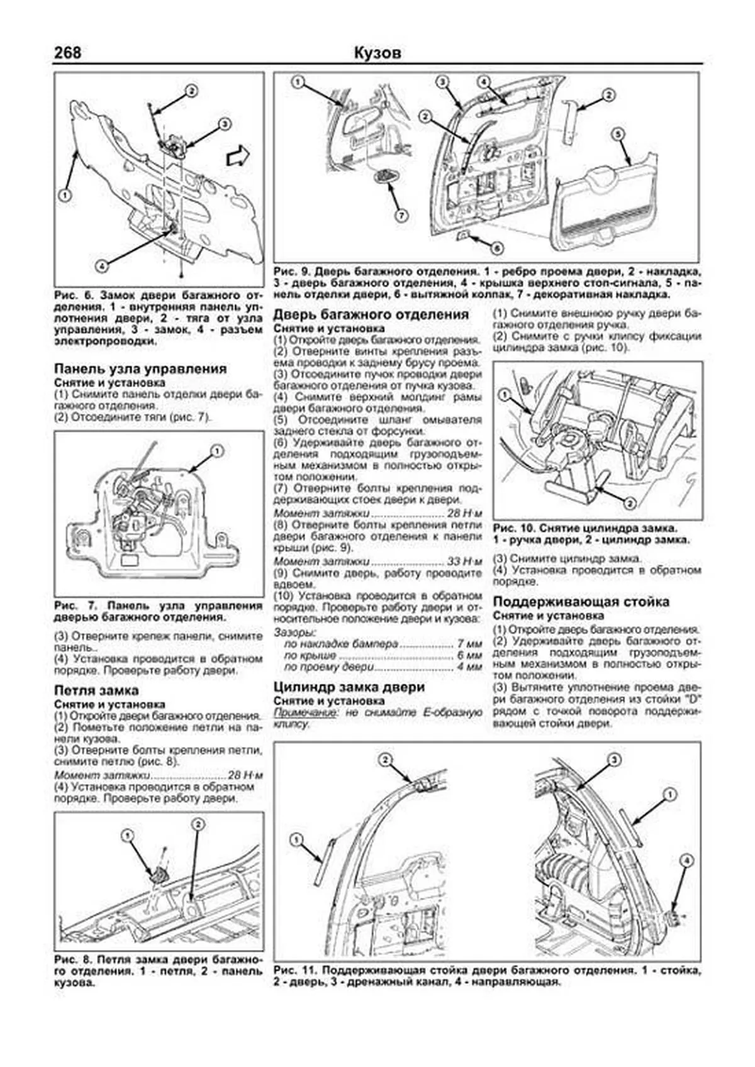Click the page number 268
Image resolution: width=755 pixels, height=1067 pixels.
[67, 53]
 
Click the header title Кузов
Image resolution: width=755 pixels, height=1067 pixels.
[377, 53]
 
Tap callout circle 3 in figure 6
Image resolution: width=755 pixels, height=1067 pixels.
[224, 124]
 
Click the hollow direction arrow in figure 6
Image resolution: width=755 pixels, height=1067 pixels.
[238, 155]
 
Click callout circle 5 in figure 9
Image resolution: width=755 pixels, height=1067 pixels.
[618, 133]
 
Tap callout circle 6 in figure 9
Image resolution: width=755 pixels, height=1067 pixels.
[496, 248]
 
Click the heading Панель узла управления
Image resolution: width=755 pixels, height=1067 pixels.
[140, 369]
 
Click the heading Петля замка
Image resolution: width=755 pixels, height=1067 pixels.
[96, 690]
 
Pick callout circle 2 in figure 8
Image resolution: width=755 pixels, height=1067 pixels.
[198, 824]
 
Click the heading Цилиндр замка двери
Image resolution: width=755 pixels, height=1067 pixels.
[350, 687]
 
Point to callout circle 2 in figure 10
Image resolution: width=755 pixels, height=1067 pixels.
[628, 503]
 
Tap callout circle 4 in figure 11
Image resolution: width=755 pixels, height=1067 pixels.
[687, 861]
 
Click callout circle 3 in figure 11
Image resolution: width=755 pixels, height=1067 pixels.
[613, 760]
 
